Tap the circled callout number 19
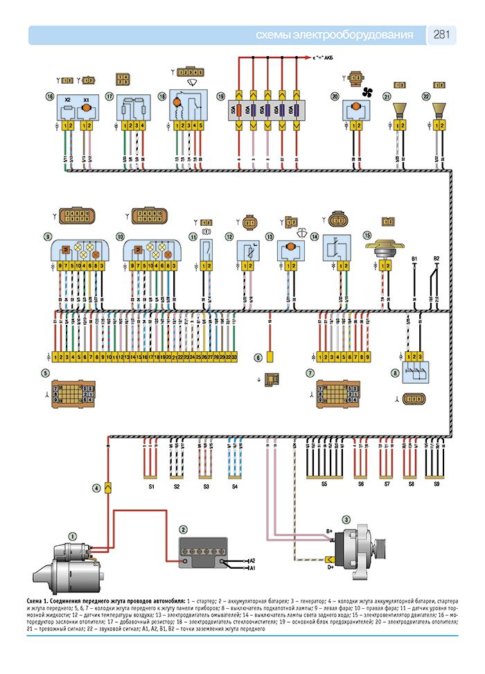pos(220,96)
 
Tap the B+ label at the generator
pos(330,531)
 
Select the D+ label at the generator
pos(330,567)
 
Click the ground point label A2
pos(252,560)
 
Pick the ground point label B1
pos(414,258)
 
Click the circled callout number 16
pos(48,96)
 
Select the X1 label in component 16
pos(86,100)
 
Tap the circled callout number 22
pos(426,96)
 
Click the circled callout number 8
pos(395,373)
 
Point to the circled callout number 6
pos(258,358)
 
